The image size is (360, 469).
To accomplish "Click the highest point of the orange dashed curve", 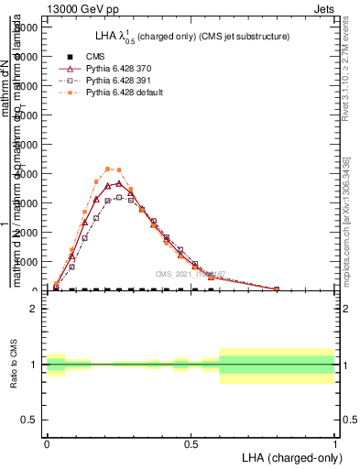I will tap(108, 169).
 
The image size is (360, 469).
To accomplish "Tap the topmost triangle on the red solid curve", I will tap(119, 183).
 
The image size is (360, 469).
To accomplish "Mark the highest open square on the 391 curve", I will tap(119, 197).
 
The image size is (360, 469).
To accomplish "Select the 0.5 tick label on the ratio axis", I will tap(29, 420).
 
